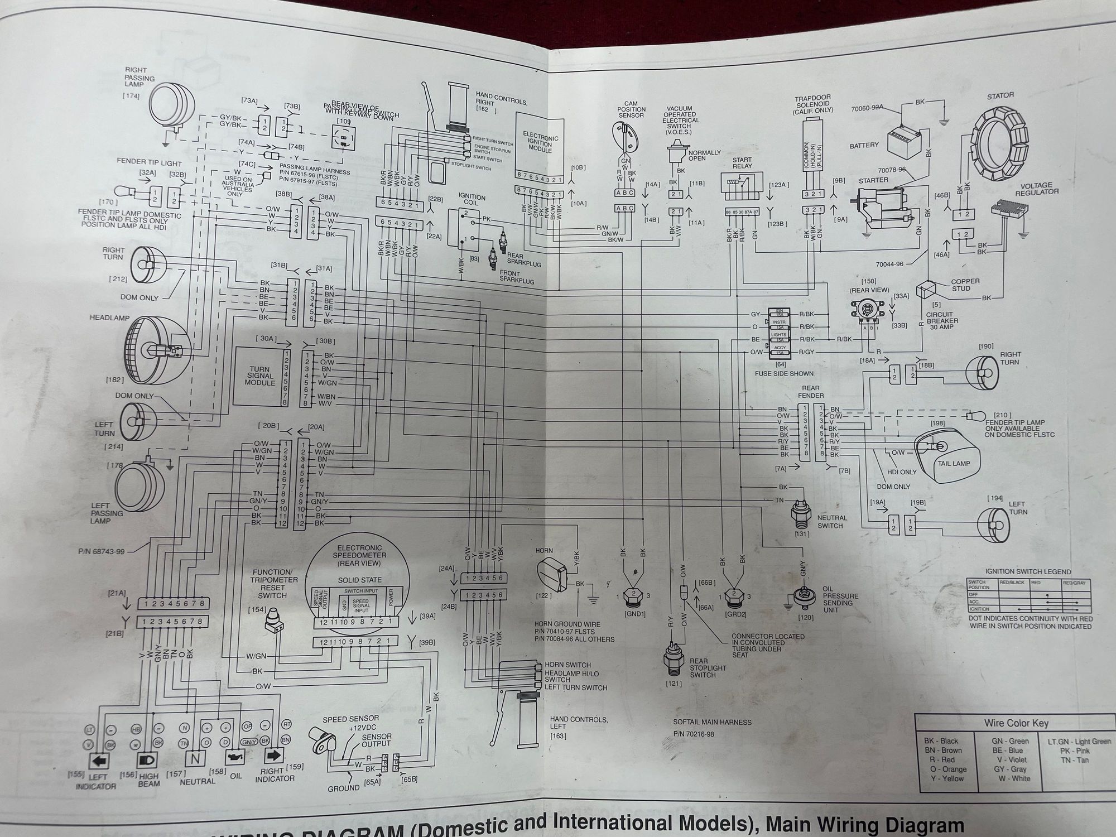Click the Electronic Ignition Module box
(540, 142)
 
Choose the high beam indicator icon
(148, 760)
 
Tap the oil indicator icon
(234, 758)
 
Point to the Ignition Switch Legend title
(1028, 572)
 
